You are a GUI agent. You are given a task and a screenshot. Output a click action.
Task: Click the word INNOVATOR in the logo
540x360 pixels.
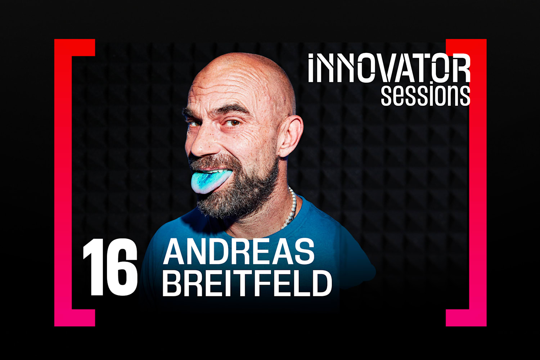point(389,68)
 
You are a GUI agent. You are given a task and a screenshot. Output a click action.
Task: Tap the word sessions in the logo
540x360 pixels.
point(426,95)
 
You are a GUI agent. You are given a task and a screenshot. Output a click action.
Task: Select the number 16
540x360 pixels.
point(110,267)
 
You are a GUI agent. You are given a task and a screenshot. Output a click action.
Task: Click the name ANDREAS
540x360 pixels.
point(239,252)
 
